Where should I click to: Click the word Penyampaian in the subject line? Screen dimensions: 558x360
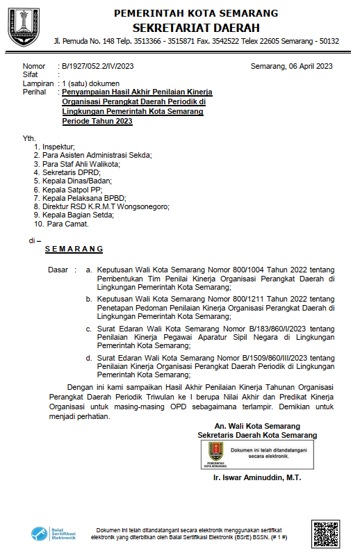85,92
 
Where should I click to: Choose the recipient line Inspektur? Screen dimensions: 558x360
58,147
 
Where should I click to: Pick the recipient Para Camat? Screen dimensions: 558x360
67,224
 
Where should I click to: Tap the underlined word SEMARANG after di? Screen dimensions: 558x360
74,249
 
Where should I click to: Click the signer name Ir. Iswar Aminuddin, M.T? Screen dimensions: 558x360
257,479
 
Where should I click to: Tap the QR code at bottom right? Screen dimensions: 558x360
328,534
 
